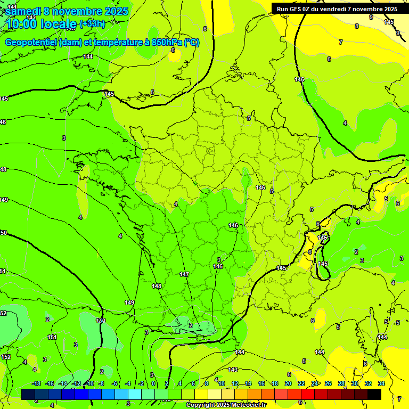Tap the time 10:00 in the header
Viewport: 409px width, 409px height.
(x=21, y=24)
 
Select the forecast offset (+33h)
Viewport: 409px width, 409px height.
(x=93, y=24)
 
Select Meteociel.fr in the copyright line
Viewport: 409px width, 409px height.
(x=246, y=405)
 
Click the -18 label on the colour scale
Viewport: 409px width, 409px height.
(x=37, y=383)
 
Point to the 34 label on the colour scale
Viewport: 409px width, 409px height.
(x=381, y=383)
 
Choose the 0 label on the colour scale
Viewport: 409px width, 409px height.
(x=153, y=383)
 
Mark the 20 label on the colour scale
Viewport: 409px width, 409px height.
(x=288, y=383)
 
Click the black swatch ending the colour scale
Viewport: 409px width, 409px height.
(x=374, y=394)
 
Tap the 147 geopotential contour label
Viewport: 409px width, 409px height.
(x=184, y=274)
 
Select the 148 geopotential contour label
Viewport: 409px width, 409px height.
(x=157, y=286)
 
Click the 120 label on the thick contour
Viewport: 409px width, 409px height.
(x=101, y=321)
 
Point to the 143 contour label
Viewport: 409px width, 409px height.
(x=233, y=370)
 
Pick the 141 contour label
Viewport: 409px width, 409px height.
(x=12, y=6)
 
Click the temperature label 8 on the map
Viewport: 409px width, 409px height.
(x=356, y=26)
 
